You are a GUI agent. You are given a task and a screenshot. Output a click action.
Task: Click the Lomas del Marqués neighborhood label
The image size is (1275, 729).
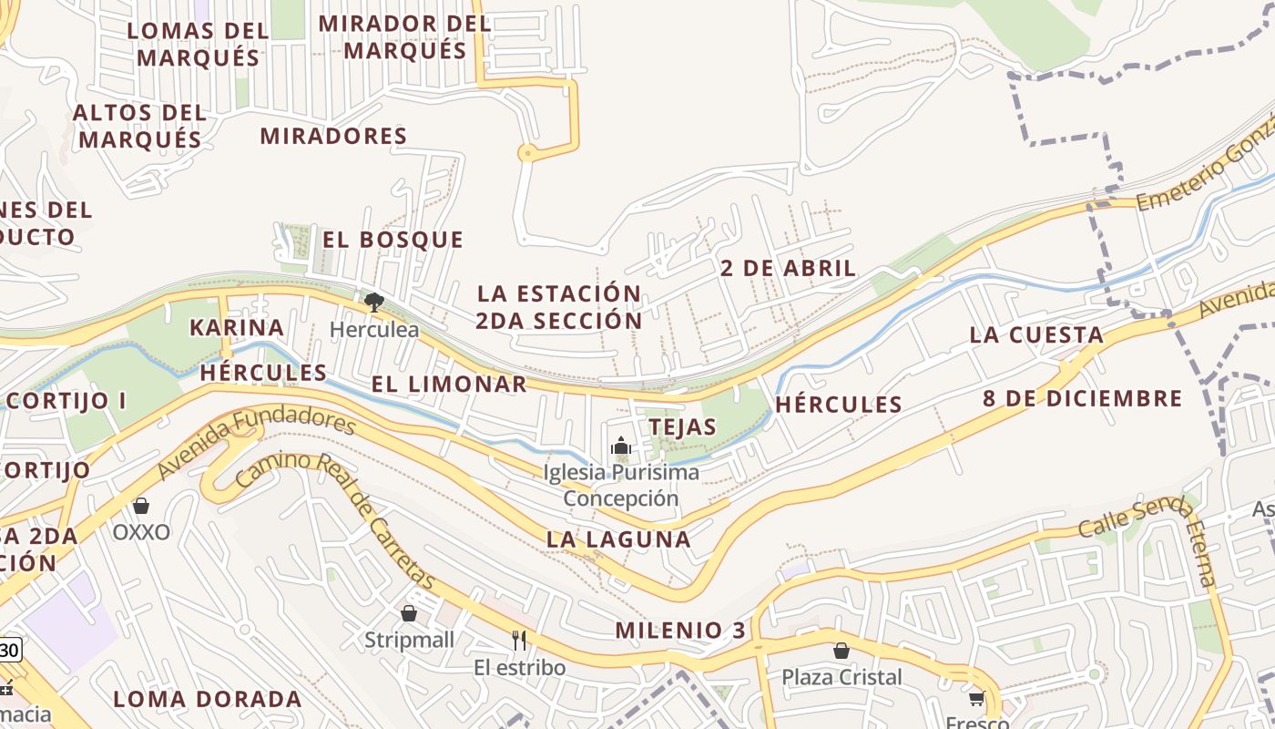point(198,44)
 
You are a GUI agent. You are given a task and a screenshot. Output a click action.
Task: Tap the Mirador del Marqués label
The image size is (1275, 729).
point(405,36)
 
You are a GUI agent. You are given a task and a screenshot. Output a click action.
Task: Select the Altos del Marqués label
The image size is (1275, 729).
point(139,126)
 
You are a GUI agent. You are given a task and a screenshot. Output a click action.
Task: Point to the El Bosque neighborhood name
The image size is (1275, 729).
point(393,240)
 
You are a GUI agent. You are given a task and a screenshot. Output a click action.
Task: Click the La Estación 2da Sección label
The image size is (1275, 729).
point(559,307)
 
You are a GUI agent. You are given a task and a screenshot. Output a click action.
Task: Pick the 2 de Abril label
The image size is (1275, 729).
point(788,268)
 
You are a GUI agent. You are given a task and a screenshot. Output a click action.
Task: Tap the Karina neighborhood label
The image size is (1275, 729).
point(237,327)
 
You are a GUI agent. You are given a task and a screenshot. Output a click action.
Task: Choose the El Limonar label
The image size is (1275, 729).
point(449,385)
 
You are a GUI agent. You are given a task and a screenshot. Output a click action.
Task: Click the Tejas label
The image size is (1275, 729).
point(682,426)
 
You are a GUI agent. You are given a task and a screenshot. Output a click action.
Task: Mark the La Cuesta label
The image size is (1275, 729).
point(1036,334)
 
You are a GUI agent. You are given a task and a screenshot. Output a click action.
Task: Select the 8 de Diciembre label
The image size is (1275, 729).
point(1082,398)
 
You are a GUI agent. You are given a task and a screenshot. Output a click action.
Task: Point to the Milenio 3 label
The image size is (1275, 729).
point(680,630)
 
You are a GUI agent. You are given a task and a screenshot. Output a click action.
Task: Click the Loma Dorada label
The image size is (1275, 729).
point(208,699)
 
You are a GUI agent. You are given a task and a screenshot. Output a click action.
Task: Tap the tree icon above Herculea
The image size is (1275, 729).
point(373,303)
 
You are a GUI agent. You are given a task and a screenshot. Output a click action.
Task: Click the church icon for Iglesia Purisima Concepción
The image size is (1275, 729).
point(621,447)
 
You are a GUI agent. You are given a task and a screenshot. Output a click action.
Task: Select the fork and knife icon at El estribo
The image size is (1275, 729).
point(519,641)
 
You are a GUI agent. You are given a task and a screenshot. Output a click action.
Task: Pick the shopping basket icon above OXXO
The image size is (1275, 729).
point(141,506)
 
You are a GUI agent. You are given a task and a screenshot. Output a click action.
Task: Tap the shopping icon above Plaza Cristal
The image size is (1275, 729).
point(841,651)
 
